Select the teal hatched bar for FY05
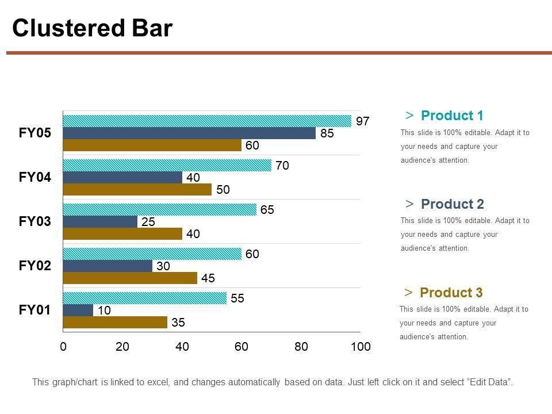point(207,121)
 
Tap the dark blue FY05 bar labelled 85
point(189,133)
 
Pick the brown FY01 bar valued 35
point(115,322)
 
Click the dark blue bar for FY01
point(78,310)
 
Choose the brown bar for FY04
point(137,189)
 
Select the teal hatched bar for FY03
point(160,210)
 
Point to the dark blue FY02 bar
point(108,266)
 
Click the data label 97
point(362,121)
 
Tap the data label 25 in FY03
point(148,222)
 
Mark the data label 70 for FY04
point(282,166)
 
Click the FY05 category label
point(35,133)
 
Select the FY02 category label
point(35,266)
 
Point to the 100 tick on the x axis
point(361,347)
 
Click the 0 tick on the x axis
point(63,347)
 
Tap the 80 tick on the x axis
point(301,347)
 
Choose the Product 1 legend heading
point(452,116)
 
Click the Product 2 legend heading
point(452,204)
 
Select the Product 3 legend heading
point(451,293)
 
